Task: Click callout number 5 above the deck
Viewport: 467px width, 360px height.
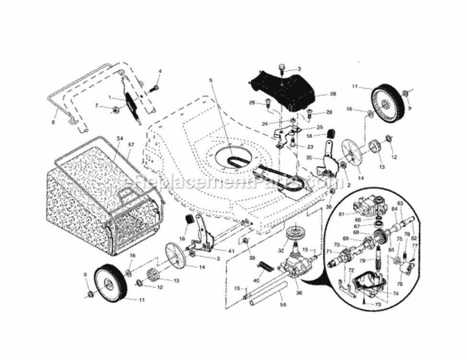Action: click(210, 80)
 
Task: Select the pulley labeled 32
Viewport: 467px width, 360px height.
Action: click(295, 236)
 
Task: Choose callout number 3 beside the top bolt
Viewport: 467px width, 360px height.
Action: click(299, 69)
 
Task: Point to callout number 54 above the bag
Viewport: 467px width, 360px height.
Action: click(120, 138)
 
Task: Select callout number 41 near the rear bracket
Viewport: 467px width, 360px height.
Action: click(218, 251)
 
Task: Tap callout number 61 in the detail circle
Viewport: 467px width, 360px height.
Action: click(342, 215)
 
